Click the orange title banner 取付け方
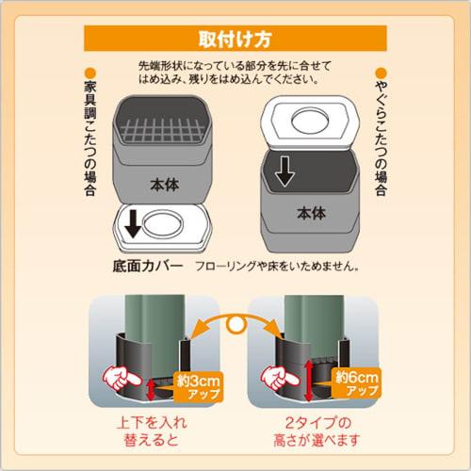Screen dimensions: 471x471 click(x=235, y=40)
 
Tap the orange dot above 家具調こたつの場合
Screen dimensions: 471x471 click(x=89, y=73)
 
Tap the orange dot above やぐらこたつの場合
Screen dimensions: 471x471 click(x=382, y=73)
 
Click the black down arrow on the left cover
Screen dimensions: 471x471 click(x=132, y=223)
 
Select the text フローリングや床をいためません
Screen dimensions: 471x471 click(x=277, y=268)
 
